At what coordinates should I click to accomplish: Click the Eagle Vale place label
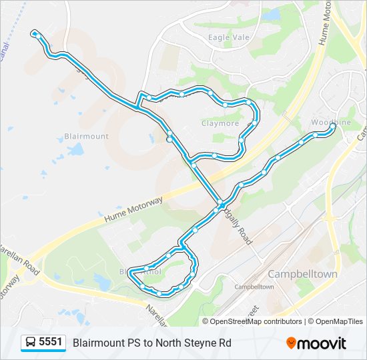(x=228, y=37)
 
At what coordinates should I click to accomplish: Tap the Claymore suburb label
(x=220, y=123)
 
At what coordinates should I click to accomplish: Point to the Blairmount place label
(x=86, y=136)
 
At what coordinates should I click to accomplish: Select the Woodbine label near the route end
(x=330, y=123)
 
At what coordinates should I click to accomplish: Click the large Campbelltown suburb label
(x=302, y=274)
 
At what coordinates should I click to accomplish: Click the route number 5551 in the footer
(x=51, y=343)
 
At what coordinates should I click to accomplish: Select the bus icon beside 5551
(x=31, y=343)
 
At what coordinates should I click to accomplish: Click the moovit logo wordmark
(x=322, y=343)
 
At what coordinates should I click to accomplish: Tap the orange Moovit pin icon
(x=291, y=343)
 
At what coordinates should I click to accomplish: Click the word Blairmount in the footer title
(x=99, y=343)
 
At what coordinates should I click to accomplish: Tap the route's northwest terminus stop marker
(x=34, y=32)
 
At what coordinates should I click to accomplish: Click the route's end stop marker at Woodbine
(x=332, y=125)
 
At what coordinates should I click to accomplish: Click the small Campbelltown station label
(x=254, y=287)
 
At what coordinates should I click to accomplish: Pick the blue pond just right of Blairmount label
(x=76, y=149)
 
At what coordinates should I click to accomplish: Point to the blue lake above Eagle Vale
(x=271, y=14)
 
